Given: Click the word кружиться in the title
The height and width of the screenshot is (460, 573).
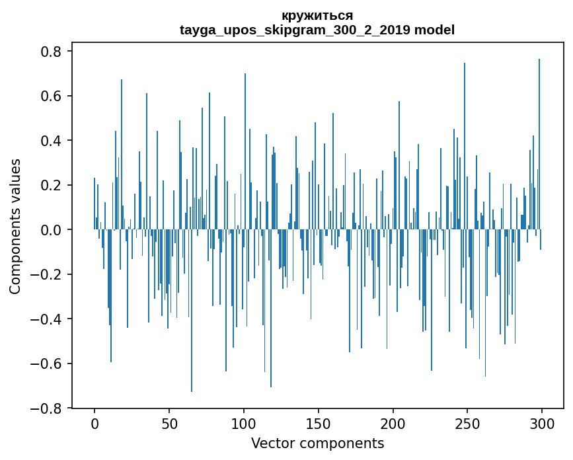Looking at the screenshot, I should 317,15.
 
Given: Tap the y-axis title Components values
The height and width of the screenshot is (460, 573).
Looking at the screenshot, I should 15,226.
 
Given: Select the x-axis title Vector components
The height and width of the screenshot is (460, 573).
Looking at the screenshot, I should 317,443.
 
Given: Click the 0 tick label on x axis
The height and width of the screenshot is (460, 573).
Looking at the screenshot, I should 95,423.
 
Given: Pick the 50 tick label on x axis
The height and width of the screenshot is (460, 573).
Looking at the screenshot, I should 169,423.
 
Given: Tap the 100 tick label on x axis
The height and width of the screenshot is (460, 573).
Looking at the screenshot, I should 244,423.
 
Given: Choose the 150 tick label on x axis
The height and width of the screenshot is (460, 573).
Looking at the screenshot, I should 319,423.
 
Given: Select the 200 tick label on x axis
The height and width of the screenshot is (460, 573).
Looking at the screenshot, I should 393,423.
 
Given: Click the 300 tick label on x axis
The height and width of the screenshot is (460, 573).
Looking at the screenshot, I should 542,423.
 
